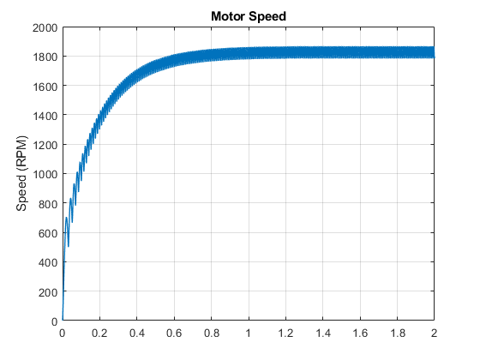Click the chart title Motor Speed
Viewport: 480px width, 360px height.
pos(249,16)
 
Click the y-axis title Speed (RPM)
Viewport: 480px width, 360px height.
pos(21,173)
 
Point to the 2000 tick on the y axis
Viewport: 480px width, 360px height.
pos(45,27)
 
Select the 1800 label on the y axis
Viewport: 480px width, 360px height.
pos(45,57)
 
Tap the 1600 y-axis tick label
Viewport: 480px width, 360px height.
pos(45,87)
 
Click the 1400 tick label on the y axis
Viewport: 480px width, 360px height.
pos(45,116)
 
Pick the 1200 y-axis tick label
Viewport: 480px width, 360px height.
pos(45,145)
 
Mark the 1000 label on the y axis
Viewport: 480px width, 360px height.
pos(45,174)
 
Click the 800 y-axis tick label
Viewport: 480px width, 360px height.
pos(48,204)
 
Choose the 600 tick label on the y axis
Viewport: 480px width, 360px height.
pos(48,233)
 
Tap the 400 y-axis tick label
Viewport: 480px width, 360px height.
pos(48,262)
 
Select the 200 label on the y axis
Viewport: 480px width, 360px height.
pos(48,292)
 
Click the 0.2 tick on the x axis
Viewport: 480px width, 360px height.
pos(99,333)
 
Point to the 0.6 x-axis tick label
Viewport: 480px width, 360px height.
pos(174,333)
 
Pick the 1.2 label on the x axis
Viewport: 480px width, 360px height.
pos(285,333)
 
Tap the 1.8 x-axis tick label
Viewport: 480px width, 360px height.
pos(398,333)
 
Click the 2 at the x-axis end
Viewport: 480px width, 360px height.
pos(434,333)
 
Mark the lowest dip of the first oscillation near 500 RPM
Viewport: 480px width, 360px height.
pos(69,246)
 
